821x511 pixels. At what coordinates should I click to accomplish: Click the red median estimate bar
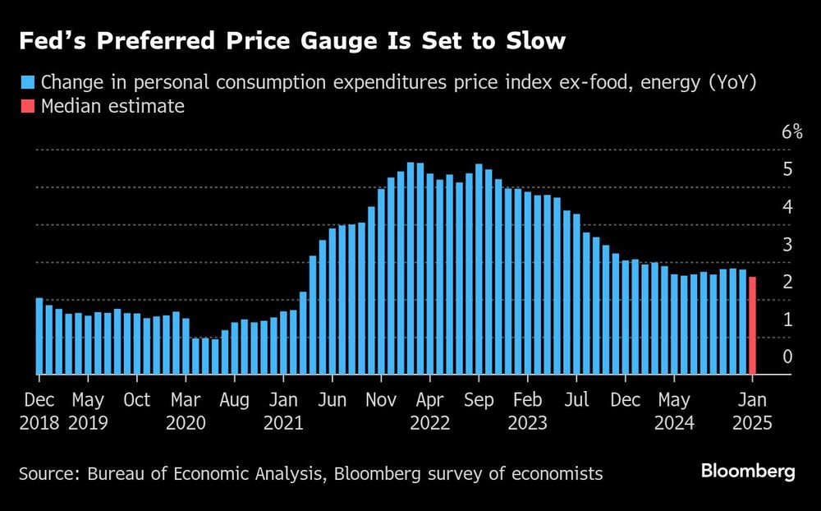point(752,326)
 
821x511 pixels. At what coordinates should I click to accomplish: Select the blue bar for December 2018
point(39,336)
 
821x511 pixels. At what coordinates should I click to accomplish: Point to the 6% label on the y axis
point(791,132)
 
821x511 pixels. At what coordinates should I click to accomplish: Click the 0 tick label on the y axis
point(787,357)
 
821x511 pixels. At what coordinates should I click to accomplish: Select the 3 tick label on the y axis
point(787,244)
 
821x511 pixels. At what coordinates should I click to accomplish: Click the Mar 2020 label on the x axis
point(186,411)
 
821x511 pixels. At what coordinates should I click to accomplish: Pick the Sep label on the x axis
point(479,400)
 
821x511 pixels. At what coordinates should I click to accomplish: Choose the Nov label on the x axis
point(381,400)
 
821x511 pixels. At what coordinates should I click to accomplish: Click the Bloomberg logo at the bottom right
point(748,472)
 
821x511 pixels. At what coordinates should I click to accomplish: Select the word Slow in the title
point(534,41)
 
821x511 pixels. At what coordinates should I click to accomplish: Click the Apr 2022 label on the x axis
point(429,411)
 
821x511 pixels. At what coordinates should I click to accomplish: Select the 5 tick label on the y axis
point(787,169)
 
